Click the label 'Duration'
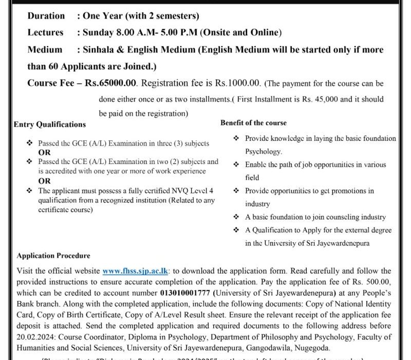(x=46, y=16)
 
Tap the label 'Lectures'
(x=45, y=32)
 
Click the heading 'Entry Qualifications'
(x=50, y=124)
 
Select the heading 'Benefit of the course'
(x=254, y=123)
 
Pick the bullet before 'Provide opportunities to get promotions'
(x=236, y=191)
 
